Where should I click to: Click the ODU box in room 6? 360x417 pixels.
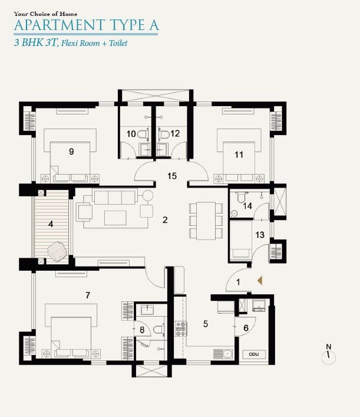click(x=254, y=354)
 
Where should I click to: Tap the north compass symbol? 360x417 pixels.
click(x=329, y=355)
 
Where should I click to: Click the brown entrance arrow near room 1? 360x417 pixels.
click(x=260, y=281)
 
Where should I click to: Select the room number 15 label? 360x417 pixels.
click(x=172, y=176)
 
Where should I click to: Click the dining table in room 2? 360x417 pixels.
click(x=206, y=221)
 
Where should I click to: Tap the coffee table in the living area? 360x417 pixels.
click(x=115, y=218)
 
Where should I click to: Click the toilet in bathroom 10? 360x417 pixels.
click(x=143, y=134)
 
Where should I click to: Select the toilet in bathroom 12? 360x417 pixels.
click(x=164, y=134)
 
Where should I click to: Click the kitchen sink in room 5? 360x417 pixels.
click(x=223, y=354)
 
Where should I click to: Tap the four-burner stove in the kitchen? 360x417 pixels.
click(x=181, y=329)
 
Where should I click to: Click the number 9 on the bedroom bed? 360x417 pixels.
click(x=71, y=152)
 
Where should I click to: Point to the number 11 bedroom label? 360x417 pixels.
click(x=239, y=155)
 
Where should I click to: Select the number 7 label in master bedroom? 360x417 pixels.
click(x=88, y=295)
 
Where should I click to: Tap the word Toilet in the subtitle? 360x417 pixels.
click(x=118, y=43)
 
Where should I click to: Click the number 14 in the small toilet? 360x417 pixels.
click(x=247, y=206)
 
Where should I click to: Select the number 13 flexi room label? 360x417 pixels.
click(x=260, y=235)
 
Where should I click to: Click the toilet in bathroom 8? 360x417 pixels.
click(x=159, y=330)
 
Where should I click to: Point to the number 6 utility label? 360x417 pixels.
click(x=246, y=328)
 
